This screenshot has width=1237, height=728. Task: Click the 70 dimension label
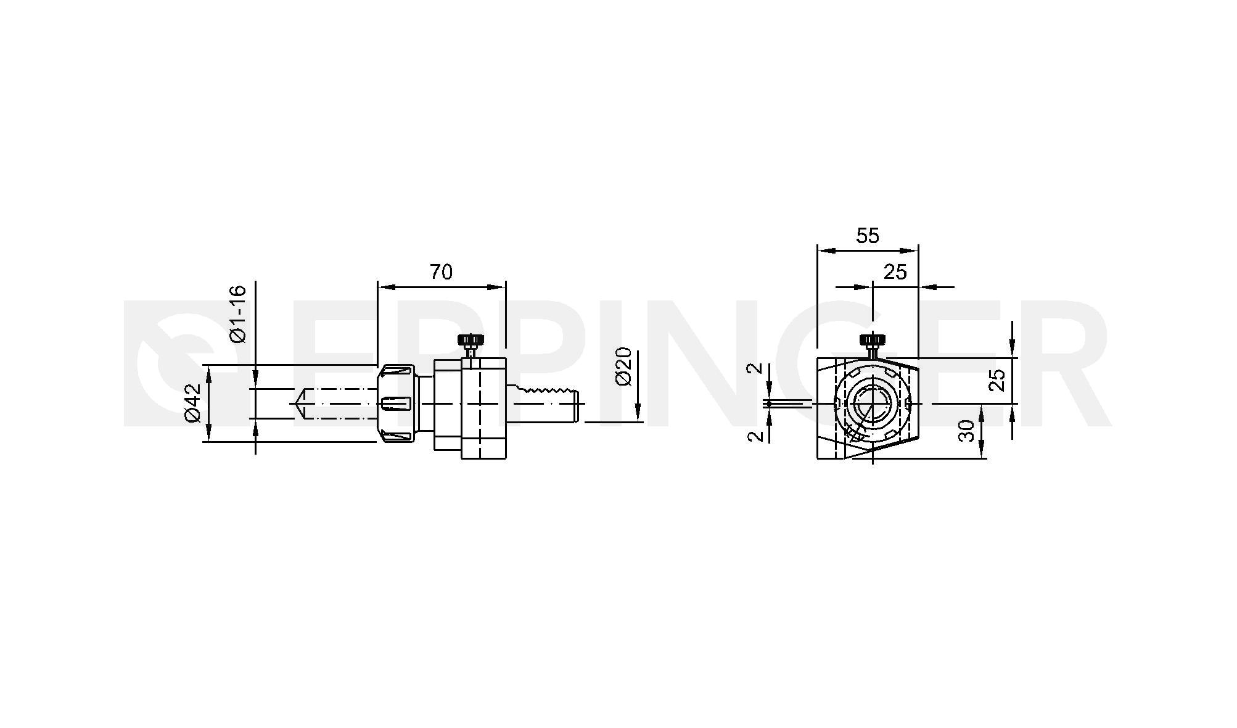coord(441,271)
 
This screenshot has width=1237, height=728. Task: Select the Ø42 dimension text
coord(193,403)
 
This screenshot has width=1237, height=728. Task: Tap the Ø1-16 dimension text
coord(237,314)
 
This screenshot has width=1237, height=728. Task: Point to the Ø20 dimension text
coord(623,366)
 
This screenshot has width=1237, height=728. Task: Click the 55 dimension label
coord(868,235)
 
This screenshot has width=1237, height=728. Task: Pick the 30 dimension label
coord(968,431)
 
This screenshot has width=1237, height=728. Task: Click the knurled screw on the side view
coord(471,344)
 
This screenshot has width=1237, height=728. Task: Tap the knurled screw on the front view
coord(872,344)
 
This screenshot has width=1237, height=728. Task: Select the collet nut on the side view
coord(396,403)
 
